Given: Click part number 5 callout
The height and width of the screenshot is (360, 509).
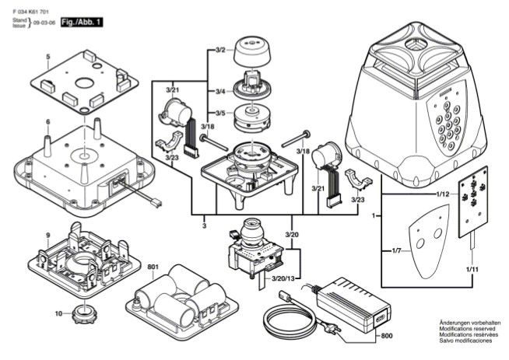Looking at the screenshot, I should [47, 57].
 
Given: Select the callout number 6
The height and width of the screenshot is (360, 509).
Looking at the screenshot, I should [47, 122].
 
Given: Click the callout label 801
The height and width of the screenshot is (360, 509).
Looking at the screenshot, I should [152, 267].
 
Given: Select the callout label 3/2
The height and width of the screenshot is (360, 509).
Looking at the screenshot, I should [219, 50].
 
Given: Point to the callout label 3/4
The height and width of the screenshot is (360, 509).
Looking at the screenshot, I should [219, 92].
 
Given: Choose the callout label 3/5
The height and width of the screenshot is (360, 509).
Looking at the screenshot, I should [219, 113].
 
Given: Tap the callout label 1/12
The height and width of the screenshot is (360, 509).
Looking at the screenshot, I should [443, 193].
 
